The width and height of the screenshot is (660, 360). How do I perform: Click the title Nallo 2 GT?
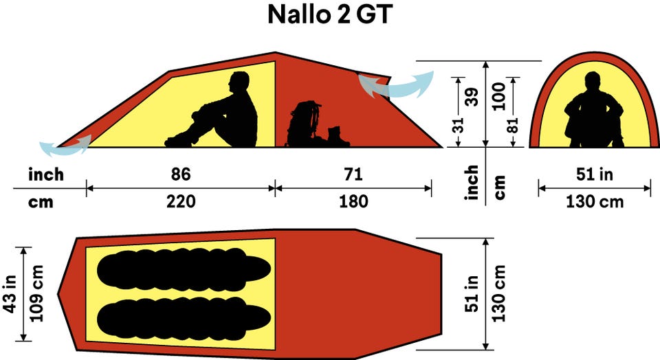330,14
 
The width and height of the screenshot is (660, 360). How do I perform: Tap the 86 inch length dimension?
181,174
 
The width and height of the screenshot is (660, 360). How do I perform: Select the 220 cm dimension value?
181,201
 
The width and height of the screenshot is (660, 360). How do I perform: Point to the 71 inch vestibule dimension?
353,174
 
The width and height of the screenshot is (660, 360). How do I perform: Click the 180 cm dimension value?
353,201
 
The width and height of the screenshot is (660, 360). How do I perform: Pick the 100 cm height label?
499,96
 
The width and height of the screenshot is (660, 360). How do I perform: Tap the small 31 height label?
459,125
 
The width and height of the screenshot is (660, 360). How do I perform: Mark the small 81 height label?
513,125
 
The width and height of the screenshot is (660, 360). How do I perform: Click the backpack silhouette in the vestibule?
304,124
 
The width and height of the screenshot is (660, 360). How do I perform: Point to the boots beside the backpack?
338,137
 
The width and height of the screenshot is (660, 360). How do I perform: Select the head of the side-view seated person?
239,81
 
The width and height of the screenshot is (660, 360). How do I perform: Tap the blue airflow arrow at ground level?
65,146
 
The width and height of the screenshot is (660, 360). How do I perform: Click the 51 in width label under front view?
594,174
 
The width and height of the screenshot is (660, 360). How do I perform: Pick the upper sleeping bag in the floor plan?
184,269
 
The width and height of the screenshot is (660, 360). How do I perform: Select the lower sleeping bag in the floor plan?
184,318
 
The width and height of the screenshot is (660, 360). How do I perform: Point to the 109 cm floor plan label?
36,293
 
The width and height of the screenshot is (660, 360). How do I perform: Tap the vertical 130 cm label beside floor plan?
498,293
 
